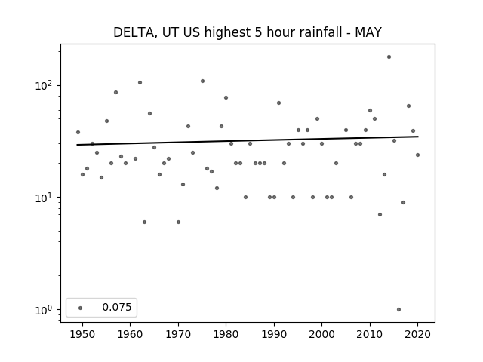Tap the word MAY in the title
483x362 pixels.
368,32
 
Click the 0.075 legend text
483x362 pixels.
117,307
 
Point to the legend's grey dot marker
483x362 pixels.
81,308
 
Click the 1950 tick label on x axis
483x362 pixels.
82,334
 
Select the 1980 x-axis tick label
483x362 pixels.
226,334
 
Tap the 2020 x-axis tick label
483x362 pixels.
417,334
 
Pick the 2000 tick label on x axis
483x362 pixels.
321,334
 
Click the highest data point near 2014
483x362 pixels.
389,57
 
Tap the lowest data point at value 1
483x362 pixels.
398,310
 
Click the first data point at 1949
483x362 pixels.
78,133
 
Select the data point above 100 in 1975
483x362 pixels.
202,81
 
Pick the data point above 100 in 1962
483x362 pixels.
140,82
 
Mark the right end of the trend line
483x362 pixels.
418,137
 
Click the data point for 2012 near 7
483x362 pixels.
380,214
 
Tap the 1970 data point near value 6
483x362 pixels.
178,222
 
